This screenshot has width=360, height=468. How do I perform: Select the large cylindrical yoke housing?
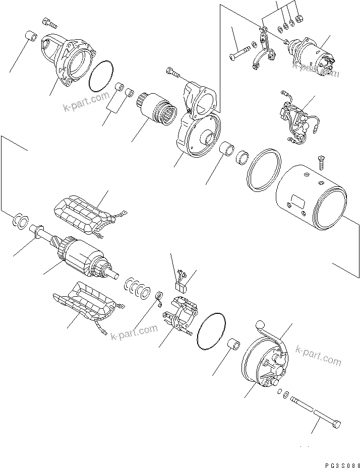311,199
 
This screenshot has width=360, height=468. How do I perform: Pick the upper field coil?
86,213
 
